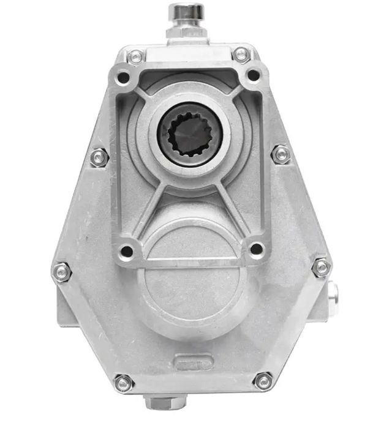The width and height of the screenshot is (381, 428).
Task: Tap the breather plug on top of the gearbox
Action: tap(186, 13)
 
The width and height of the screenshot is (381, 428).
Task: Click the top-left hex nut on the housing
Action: tap(136, 57)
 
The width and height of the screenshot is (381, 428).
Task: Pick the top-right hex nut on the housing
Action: tap(242, 54)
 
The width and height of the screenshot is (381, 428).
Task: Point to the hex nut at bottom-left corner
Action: tap(123, 383)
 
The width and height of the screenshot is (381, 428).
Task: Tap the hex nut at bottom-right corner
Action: tap(263, 380)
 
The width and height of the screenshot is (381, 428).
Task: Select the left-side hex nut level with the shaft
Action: tap(99, 157)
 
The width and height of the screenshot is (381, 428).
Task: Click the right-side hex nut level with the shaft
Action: tap(281, 154)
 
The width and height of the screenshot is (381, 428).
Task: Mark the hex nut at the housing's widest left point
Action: tap(62, 272)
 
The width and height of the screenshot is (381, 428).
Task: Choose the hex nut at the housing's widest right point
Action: tap(322, 267)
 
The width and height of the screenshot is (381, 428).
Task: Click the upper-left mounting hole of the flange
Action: tap(123, 78)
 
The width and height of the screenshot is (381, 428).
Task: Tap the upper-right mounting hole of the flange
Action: tap(253, 76)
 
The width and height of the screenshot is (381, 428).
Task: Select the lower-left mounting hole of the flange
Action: tap(127, 251)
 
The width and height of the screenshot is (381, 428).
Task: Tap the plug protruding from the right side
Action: tap(333, 294)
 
